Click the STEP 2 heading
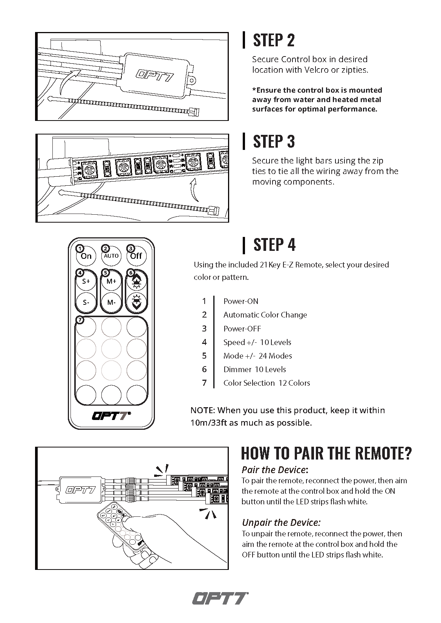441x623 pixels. tap(274, 40)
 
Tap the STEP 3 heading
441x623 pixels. tap(274, 142)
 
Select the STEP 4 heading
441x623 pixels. tap(274, 244)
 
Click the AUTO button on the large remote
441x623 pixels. tap(111, 256)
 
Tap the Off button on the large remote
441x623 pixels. tap(136, 256)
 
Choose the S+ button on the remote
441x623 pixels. tap(86, 281)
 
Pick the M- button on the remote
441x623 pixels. tap(111, 302)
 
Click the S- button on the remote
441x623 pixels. tap(86, 302)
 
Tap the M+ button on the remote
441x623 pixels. tap(111, 281)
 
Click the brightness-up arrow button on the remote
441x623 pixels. tap(136, 281)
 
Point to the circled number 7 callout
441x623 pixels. tap(80, 320)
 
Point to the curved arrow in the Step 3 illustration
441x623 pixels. tap(194, 191)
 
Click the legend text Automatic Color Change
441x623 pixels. tap(265, 315)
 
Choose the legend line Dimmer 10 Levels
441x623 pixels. tap(254, 370)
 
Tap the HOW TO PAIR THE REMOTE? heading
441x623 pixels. tap(326, 453)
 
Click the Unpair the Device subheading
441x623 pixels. tap(281, 522)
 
